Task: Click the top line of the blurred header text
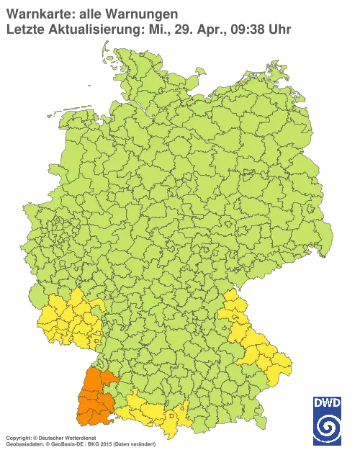coord(90,12)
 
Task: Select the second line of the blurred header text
coord(148,29)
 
